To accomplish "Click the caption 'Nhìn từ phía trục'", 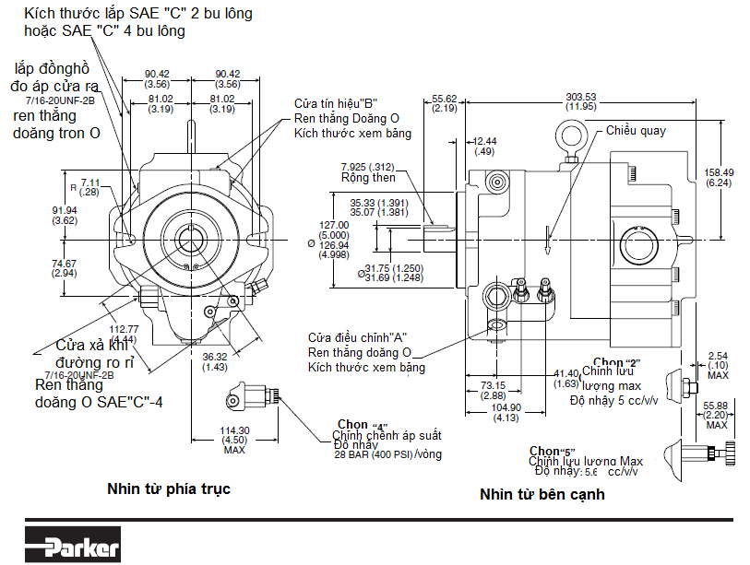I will pos(168,488).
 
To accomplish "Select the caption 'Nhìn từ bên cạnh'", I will pos(542,494).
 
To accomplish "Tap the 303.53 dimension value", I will pos(581,97).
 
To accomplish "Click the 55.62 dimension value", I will pos(445,98).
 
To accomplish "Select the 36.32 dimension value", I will pos(215,357).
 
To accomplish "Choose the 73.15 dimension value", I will pos(494,384).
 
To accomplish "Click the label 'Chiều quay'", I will pos(636,131).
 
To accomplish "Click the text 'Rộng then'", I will pos(368,178).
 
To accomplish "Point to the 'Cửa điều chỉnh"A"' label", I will pos(358,336).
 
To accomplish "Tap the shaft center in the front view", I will pos(191,240).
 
